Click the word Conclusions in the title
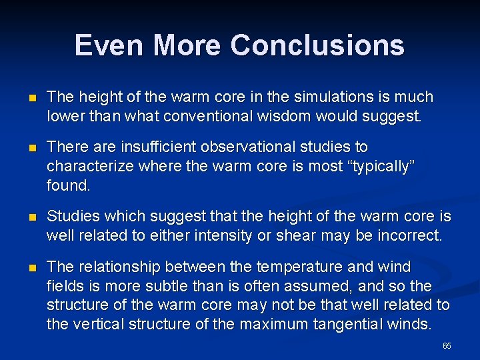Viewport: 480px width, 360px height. pos(317,45)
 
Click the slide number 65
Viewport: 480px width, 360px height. pos(447,346)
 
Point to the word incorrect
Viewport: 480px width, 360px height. pos(409,236)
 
